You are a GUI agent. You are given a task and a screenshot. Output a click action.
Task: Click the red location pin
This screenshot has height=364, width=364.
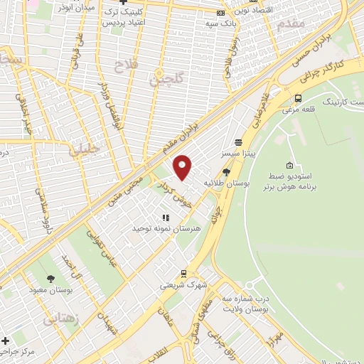pyautogui.click(x=183, y=167)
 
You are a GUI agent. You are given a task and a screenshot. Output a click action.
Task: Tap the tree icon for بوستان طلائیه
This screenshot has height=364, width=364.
pyautogui.click(x=226, y=172)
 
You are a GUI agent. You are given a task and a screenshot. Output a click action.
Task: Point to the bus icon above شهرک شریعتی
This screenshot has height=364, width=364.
pyautogui.click(x=183, y=273)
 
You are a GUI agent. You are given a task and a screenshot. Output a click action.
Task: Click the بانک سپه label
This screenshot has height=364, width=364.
pyautogui.click(x=221, y=24)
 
